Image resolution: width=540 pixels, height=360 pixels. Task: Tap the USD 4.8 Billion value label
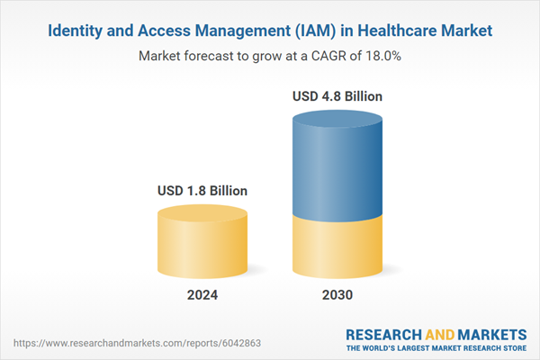click(x=337, y=96)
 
